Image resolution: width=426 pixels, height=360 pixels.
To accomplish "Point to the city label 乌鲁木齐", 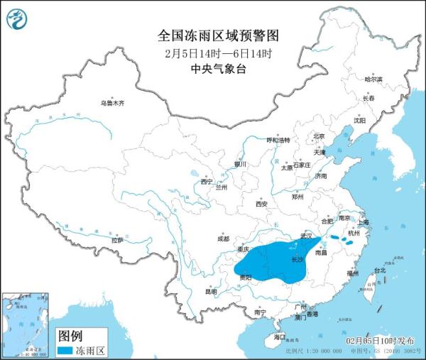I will (x=111, y=104).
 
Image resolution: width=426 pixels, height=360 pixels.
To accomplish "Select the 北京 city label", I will (x=319, y=136).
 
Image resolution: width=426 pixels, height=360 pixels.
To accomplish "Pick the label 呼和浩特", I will (x=278, y=141).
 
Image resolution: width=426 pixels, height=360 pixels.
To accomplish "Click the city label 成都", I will (x=224, y=239).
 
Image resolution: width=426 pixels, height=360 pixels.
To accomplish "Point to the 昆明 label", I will (x=210, y=292).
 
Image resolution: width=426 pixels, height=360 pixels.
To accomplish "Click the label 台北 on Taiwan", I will (x=379, y=271).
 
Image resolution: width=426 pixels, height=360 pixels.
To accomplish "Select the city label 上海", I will (x=364, y=222).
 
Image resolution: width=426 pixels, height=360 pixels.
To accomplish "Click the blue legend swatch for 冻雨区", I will (x=70, y=350).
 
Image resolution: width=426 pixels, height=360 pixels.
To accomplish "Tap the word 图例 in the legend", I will (x=71, y=335).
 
